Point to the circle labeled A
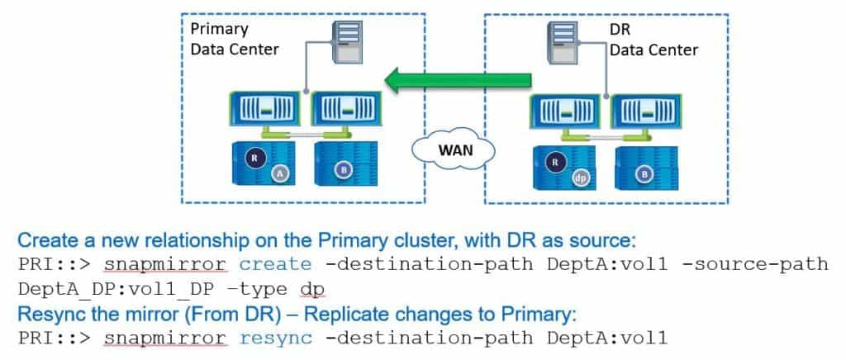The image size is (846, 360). (281, 173)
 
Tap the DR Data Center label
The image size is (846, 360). (653, 40)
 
